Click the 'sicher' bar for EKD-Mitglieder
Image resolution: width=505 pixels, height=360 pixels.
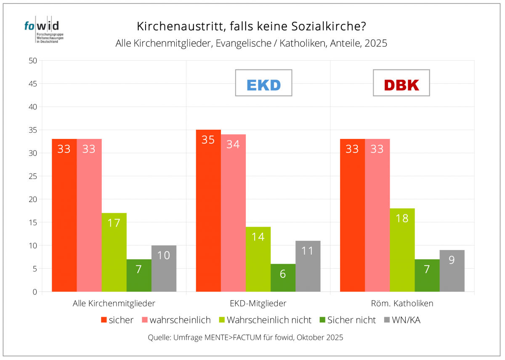click(208, 211)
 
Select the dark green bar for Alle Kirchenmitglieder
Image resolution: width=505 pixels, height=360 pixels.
click(139, 275)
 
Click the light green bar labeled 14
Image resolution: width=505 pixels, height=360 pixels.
click(258, 259)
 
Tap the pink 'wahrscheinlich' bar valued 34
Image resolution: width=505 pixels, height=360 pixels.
click(233, 213)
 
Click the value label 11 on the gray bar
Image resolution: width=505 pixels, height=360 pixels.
click(308, 251)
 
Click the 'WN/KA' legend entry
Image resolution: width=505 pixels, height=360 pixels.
click(403, 320)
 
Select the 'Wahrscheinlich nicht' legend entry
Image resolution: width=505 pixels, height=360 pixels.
click(265, 320)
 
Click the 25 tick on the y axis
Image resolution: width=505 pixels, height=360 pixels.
click(33, 176)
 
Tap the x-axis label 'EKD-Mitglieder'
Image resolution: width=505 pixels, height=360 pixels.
click(258, 303)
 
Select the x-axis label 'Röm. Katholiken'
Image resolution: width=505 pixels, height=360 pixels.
click(402, 303)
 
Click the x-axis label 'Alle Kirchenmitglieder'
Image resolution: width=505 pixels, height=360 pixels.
click(114, 303)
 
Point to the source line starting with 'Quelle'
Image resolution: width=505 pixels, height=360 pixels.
click(246, 338)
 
